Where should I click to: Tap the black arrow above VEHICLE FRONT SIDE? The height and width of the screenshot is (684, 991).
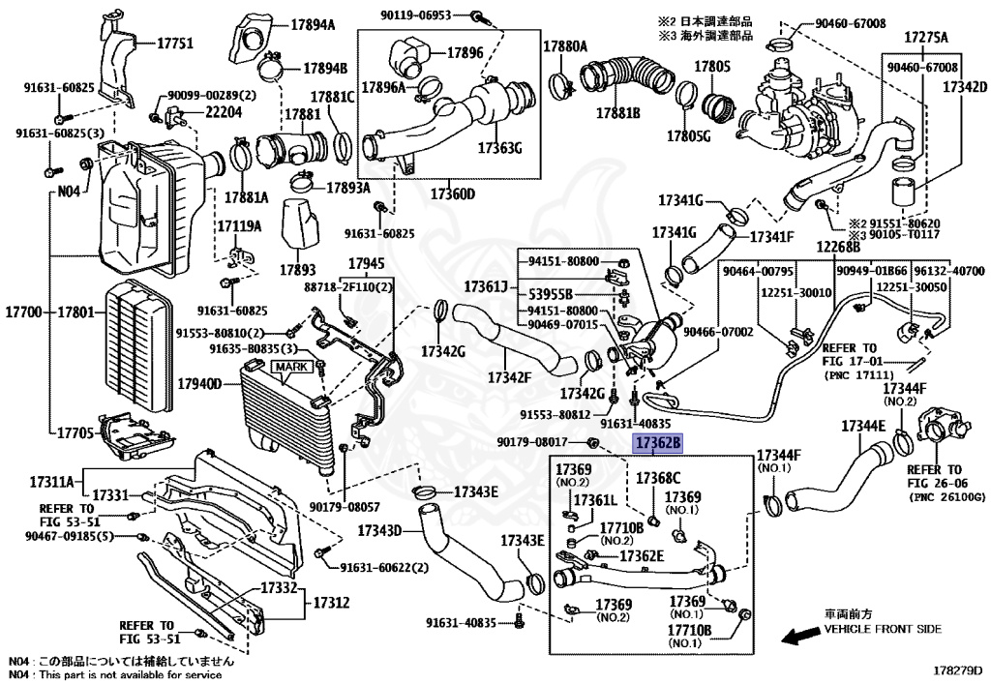(x=799, y=636)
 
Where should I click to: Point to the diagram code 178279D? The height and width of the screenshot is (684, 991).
(x=957, y=669)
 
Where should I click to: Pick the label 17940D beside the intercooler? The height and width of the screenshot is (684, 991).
(x=200, y=384)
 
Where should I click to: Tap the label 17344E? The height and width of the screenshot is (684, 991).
(x=863, y=426)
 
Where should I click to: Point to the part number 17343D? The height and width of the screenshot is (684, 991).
(x=378, y=531)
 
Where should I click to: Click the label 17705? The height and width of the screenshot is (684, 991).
(x=74, y=433)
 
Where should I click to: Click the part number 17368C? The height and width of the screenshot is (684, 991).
(x=658, y=478)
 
